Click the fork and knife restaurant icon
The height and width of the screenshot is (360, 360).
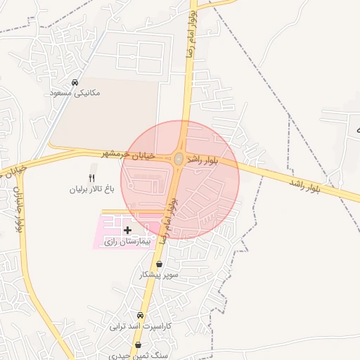[x=91, y=178]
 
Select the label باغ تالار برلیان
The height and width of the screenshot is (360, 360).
[x=91, y=189]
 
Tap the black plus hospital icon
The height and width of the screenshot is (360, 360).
[x=127, y=230]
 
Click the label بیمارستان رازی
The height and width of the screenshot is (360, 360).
[x=127, y=241]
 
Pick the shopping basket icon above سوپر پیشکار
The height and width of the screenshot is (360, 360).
[x=159, y=264]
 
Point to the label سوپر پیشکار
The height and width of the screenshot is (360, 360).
[x=160, y=275]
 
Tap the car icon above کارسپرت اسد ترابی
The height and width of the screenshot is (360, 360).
[x=141, y=316]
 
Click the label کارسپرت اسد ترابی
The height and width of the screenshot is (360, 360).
[x=140, y=327]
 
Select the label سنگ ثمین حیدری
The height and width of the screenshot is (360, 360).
[x=140, y=356]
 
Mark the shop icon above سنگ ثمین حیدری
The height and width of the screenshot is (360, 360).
[x=138, y=345]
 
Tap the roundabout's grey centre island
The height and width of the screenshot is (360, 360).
[x=179, y=160]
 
